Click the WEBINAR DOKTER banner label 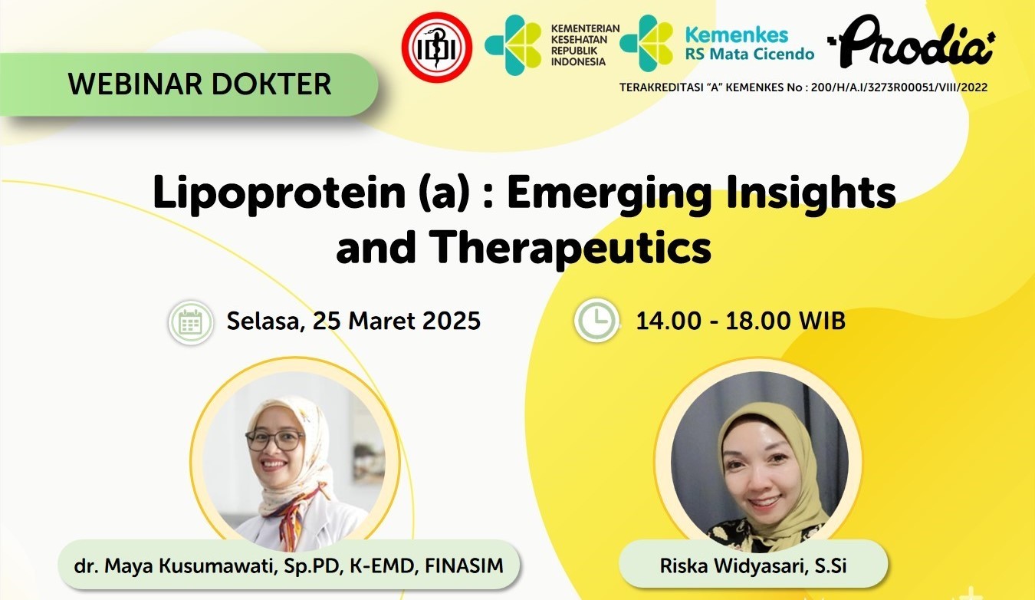pyautogui.click(x=199, y=84)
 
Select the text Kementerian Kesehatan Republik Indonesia pyautogui.click(x=585, y=45)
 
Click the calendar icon pyautogui.click(x=190, y=322)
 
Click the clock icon pyautogui.click(x=596, y=320)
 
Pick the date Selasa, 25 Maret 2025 pyautogui.click(x=353, y=320)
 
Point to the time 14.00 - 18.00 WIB pyautogui.click(x=741, y=320)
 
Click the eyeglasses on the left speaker pyautogui.click(x=274, y=440)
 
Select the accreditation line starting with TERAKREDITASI pyautogui.click(x=803, y=87)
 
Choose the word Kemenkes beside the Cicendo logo pyautogui.click(x=736, y=35)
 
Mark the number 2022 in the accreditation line pyautogui.click(x=971, y=87)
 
